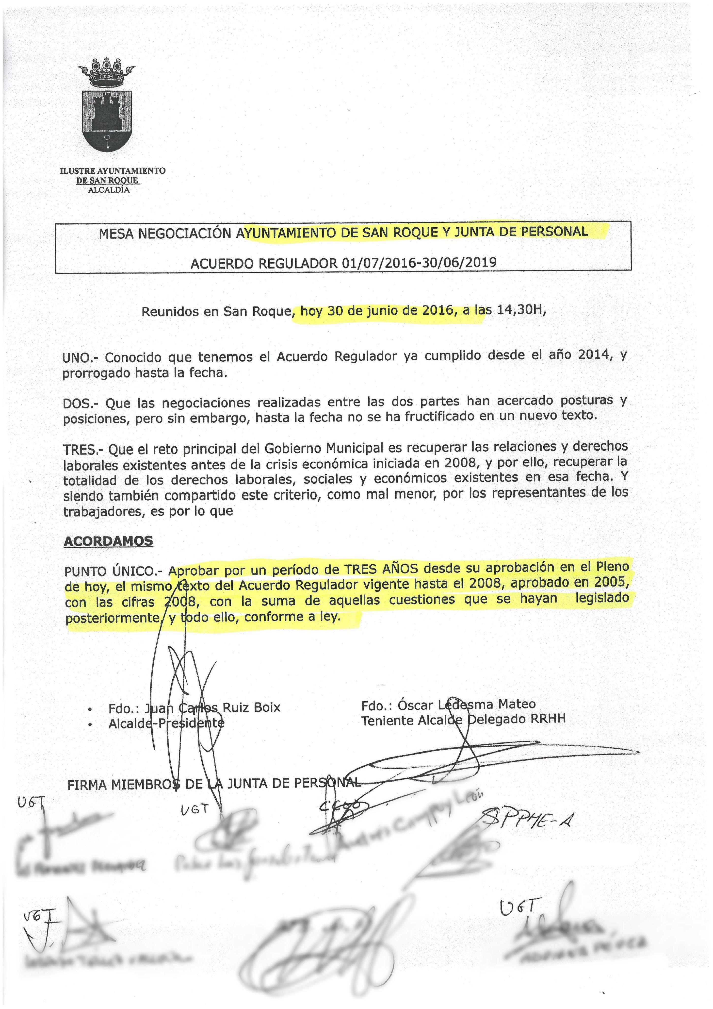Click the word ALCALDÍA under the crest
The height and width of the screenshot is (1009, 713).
pos(109,190)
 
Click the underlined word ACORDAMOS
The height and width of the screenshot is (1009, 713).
pos(109,541)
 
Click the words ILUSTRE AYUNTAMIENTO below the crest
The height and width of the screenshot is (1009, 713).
pos(113,170)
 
